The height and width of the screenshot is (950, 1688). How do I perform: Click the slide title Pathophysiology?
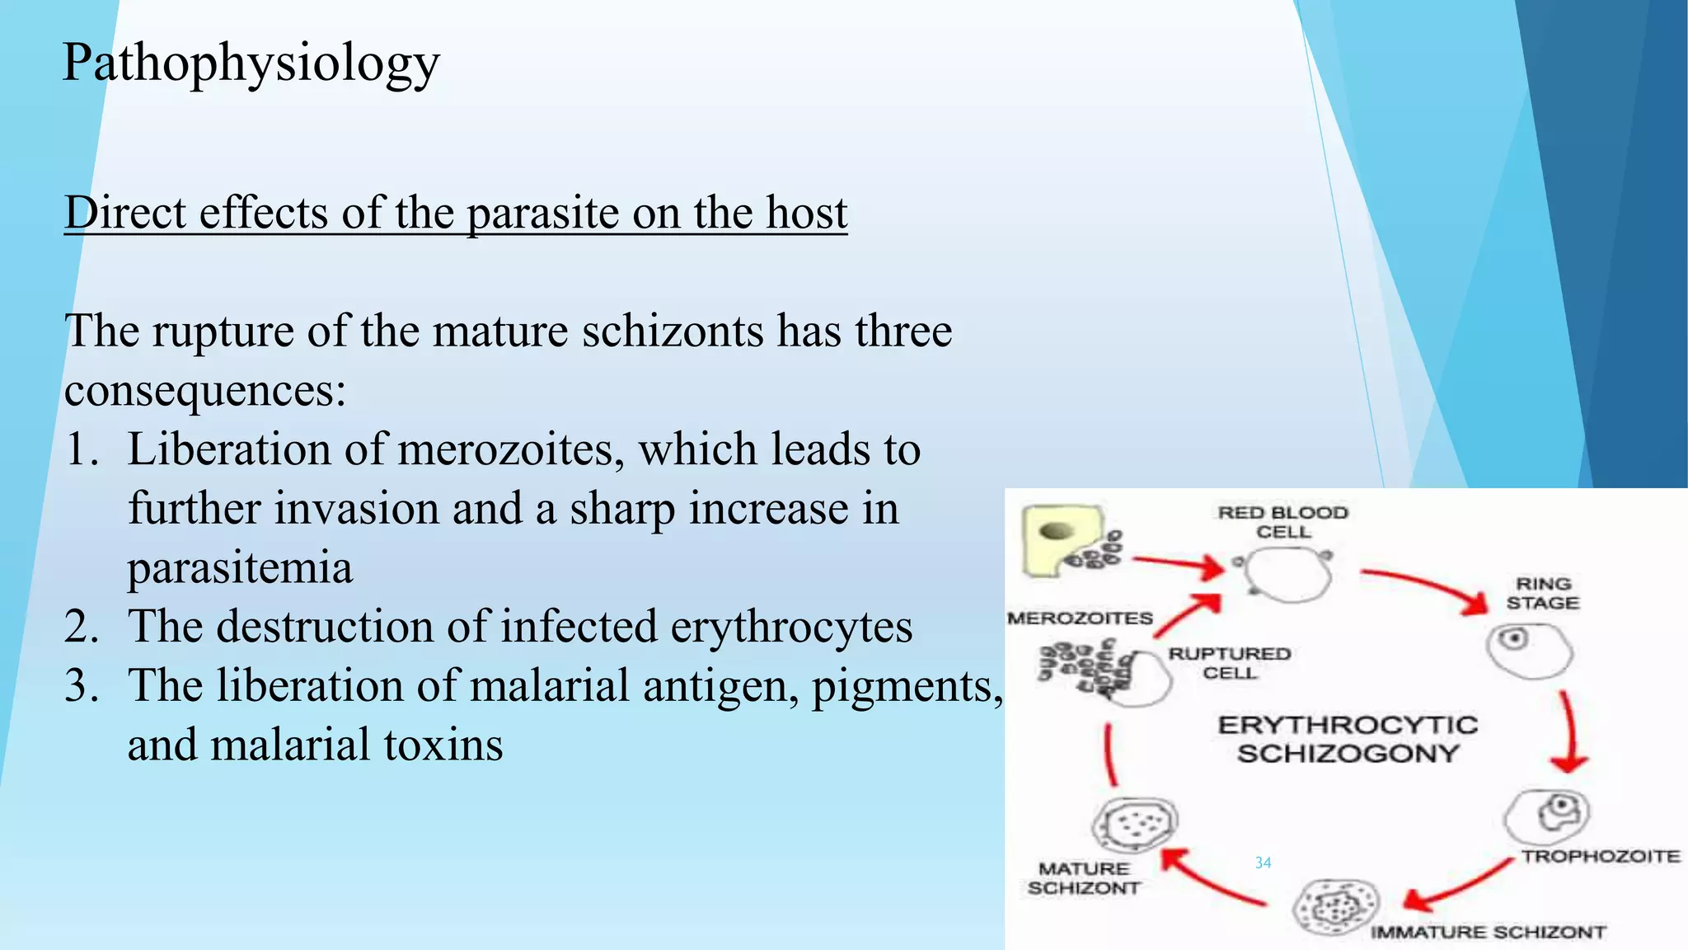pyautogui.click(x=251, y=63)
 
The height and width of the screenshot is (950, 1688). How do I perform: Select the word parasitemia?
pyautogui.click(x=240, y=568)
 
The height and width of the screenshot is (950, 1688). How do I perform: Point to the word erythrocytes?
pyautogui.click(x=791, y=627)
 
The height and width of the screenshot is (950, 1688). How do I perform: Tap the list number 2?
pyautogui.click(x=81, y=627)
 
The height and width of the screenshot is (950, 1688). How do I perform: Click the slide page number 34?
pyautogui.click(x=1263, y=863)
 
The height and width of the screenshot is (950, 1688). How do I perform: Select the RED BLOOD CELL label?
pyautogui.click(x=1282, y=522)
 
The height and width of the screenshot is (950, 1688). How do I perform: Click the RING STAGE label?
pyautogui.click(x=1542, y=593)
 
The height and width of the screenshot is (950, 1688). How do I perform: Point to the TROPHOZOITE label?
pyautogui.click(x=1600, y=856)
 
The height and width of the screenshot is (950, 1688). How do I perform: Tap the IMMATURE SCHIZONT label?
pyautogui.click(x=1488, y=932)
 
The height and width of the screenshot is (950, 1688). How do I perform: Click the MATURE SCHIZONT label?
pyautogui.click(x=1084, y=878)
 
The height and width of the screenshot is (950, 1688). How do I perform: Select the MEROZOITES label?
pyautogui.click(x=1080, y=618)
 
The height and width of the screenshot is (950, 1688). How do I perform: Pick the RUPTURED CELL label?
pyautogui.click(x=1229, y=663)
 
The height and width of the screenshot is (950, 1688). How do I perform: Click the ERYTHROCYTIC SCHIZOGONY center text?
pyautogui.click(x=1348, y=739)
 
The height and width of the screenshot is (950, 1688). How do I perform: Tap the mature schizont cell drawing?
pyautogui.click(x=1135, y=823)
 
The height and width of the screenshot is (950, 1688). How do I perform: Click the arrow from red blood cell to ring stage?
pyautogui.click(x=1426, y=586)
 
